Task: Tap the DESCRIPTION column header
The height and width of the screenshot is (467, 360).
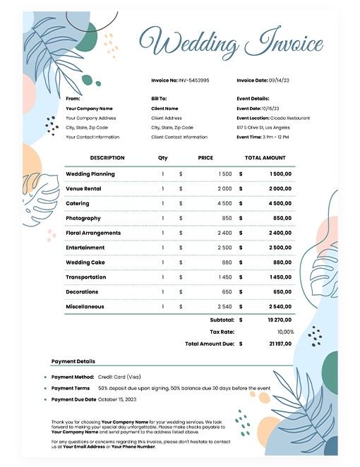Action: (107, 158)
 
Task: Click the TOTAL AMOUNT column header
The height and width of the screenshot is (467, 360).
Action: (265, 158)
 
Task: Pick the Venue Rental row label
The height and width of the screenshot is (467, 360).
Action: (83, 189)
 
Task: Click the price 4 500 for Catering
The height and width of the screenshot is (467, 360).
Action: (224, 204)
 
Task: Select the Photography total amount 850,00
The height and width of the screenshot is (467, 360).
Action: (282, 219)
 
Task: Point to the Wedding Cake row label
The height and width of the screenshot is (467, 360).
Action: (85, 262)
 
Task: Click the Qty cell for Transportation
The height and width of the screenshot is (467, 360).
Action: (162, 277)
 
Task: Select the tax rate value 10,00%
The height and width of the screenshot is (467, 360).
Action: (285, 332)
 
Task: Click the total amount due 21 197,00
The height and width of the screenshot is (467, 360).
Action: (279, 344)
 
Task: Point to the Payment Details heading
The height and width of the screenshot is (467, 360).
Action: (73, 361)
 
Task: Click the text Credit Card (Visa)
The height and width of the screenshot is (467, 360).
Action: (119, 377)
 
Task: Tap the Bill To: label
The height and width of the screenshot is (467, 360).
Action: (159, 99)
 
